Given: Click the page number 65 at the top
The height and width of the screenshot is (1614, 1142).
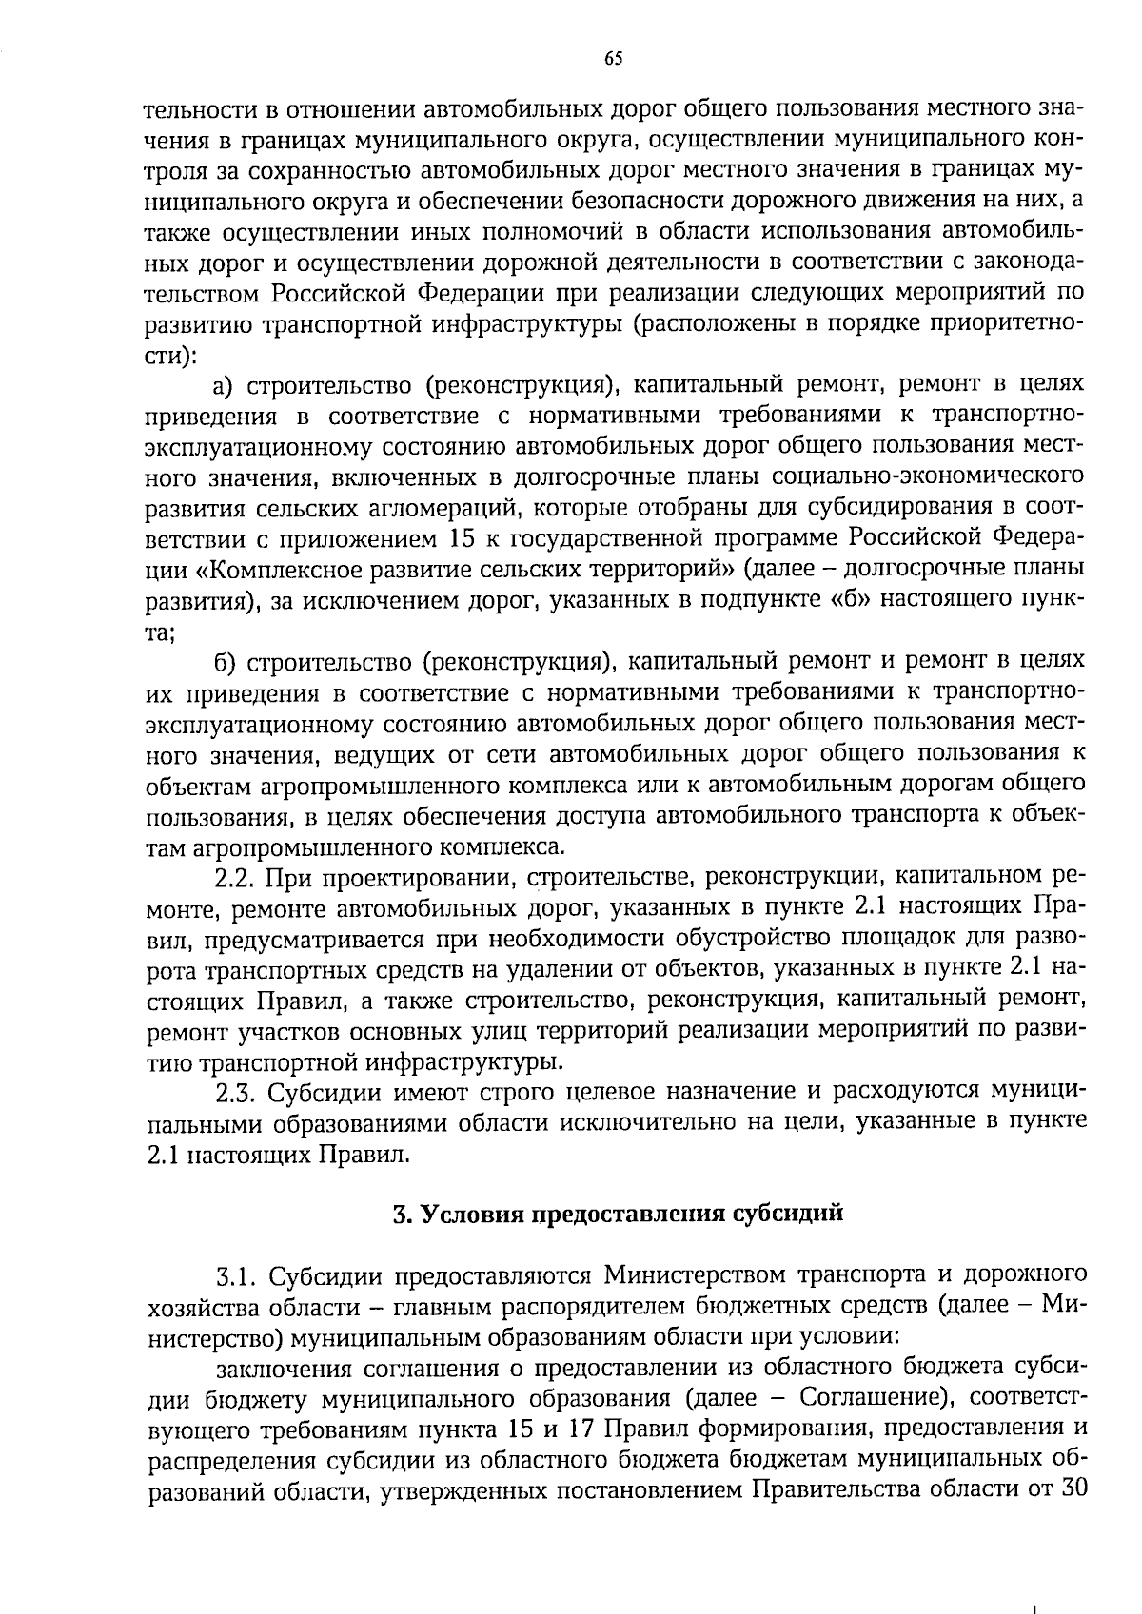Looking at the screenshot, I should pyautogui.click(x=613, y=59).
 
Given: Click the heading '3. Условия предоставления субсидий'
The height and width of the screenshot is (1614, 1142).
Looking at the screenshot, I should pyautogui.click(x=619, y=1215).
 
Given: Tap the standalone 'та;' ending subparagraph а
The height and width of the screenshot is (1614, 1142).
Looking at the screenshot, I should pyautogui.click(x=159, y=631).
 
